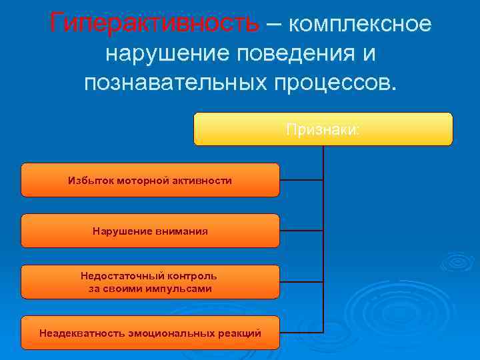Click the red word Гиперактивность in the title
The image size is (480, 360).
[x=154, y=24]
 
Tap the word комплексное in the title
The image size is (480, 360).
[x=361, y=24]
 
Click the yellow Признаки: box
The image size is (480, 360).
[x=323, y=129]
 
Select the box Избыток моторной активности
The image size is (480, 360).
[x=150, y=180]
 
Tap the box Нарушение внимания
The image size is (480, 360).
[x=150, y=231]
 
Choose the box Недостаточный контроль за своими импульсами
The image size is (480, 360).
[x=150, y=281]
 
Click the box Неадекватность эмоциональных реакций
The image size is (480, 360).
[x=150, y=332]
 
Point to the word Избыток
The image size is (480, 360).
[x=88, y=181]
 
